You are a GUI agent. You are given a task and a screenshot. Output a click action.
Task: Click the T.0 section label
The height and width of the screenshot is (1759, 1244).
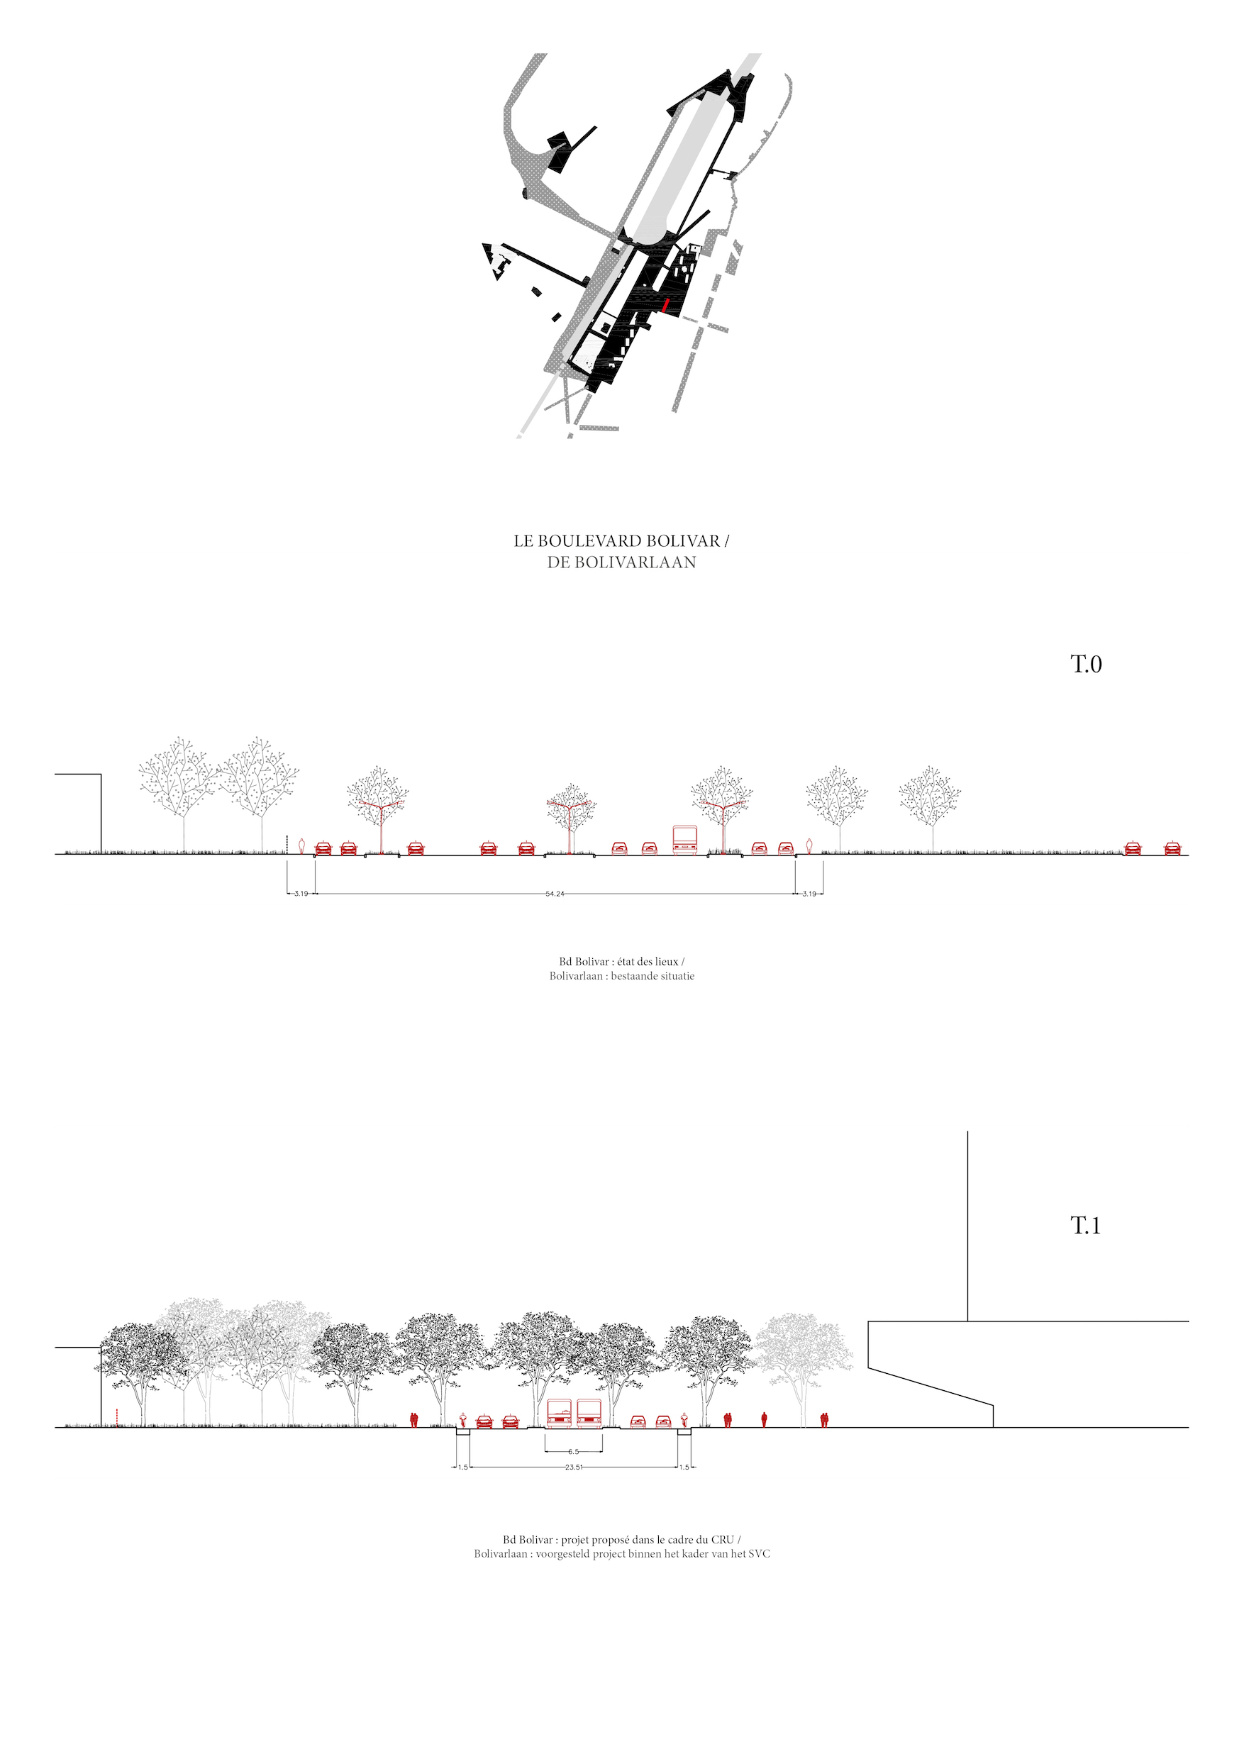click(1085, 664)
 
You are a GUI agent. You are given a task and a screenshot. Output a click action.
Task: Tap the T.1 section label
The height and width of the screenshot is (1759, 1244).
click(1085, 1226)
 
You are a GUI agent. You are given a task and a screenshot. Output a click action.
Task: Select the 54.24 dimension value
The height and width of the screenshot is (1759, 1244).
click(555, 894)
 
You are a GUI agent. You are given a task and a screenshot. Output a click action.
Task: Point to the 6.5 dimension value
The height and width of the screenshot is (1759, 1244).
click(574, 1452)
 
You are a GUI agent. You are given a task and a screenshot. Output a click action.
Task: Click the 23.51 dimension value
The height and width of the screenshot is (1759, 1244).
click(574, 1467)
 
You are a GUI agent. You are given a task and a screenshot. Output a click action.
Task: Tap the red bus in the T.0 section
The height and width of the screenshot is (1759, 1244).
click(685, 840)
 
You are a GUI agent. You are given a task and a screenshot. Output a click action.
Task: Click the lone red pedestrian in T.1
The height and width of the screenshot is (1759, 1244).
click(764, 1419)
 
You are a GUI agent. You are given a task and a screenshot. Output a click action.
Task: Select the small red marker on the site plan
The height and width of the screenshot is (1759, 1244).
click(666, 306)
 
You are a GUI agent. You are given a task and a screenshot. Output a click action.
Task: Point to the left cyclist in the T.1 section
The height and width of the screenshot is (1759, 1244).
click(462, 1419)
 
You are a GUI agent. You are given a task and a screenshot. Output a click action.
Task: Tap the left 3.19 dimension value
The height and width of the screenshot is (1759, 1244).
click(301, 894)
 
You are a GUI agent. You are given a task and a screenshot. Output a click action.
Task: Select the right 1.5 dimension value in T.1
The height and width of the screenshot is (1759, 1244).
click(684, 1467)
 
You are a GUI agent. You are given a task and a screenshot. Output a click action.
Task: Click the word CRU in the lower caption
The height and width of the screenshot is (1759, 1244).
click(722, 1540)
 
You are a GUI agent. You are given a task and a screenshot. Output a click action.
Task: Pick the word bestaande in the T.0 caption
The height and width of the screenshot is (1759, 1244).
click(631, 976)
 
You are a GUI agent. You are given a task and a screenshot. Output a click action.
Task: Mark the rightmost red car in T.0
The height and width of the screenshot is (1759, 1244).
click(1172, 848)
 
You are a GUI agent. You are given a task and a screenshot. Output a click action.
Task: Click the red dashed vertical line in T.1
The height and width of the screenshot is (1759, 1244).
click(116, 1418)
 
